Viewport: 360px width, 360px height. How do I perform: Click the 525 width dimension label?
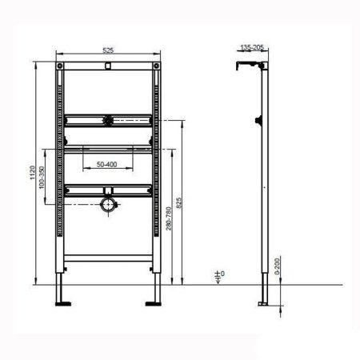point(108,50)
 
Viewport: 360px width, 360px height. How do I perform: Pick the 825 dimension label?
point(186,203)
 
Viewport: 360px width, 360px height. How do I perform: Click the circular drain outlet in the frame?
point(107,206)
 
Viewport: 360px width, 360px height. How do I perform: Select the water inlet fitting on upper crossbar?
point(107,122)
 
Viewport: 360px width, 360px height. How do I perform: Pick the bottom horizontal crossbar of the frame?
point(107,258)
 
